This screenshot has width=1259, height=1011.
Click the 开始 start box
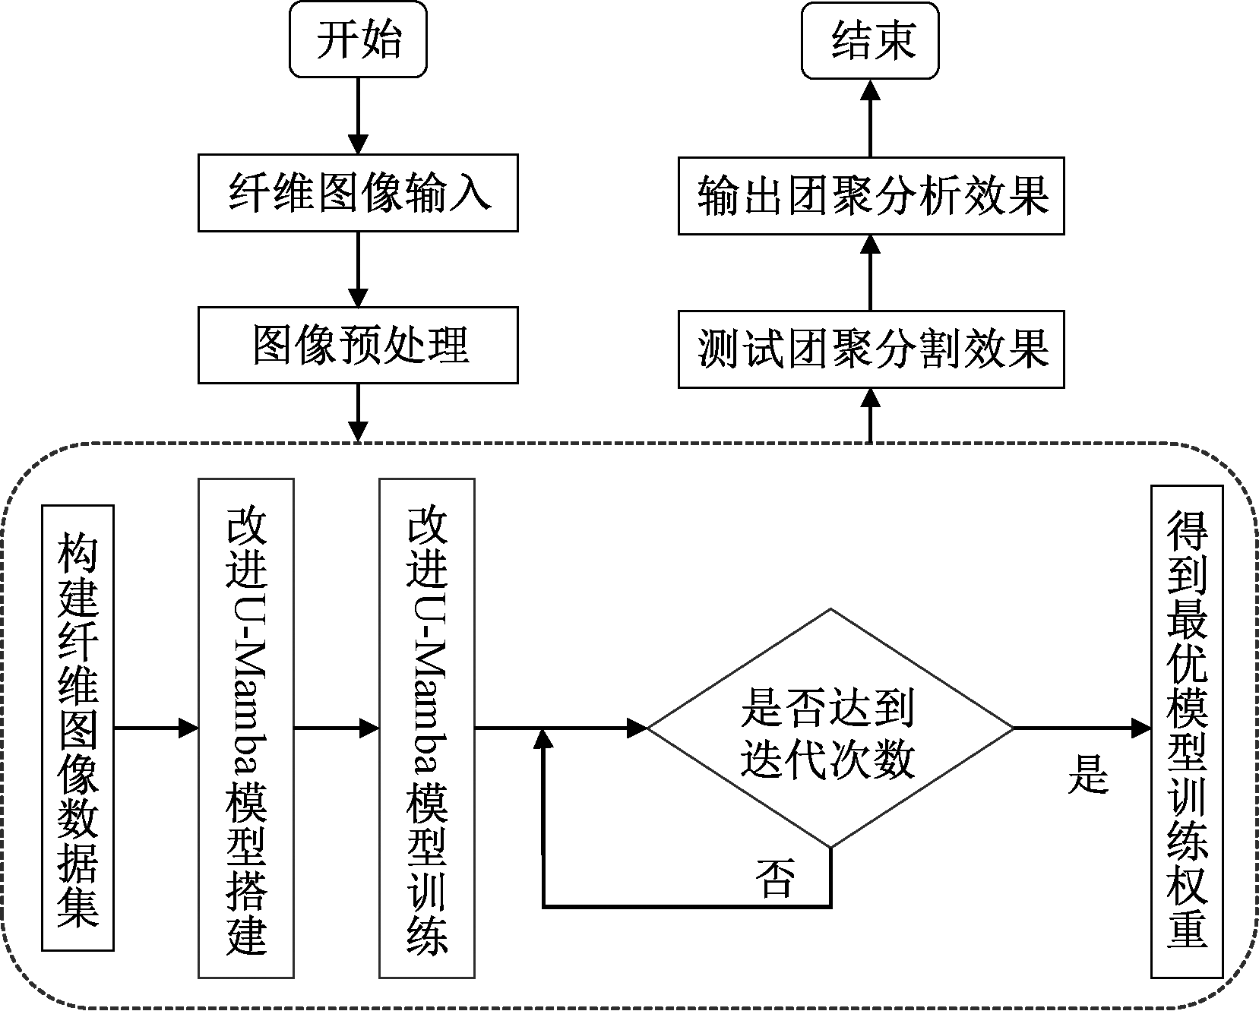coord(358,39)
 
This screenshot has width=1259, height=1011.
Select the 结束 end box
coord(870,39)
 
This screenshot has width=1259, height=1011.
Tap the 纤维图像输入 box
coord(358,193)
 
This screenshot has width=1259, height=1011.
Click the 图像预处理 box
coord(358,345)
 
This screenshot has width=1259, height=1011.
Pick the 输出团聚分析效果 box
coord(871,196)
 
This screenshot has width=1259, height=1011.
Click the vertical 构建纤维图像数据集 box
coord(78,728)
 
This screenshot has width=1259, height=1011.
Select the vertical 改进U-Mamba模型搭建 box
coord(246,728)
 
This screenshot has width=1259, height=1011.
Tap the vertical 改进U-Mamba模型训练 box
coord(427,728)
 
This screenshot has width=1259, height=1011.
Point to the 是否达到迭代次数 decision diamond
coord(830,728)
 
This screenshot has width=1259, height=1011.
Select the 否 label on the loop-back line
coord(775,879)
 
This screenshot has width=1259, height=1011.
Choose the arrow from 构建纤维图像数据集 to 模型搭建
coord(156,728)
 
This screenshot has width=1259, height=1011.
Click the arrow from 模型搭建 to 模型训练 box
coord(337,728)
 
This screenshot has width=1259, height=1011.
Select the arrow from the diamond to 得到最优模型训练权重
coord(1083,728)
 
